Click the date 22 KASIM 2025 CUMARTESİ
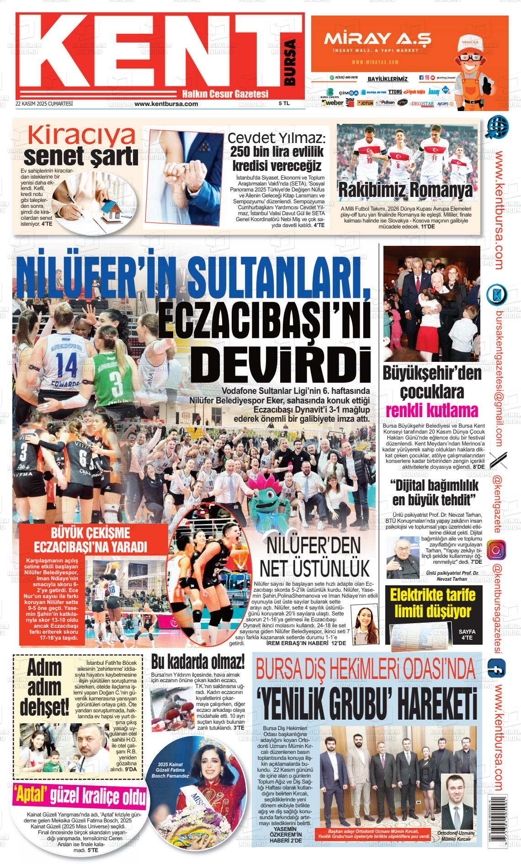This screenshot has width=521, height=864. (44, 104)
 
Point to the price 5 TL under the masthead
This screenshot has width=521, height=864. (284, 104)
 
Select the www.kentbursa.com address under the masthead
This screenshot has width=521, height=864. (166, 104)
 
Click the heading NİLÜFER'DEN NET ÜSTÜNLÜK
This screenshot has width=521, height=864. (314, 557)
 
